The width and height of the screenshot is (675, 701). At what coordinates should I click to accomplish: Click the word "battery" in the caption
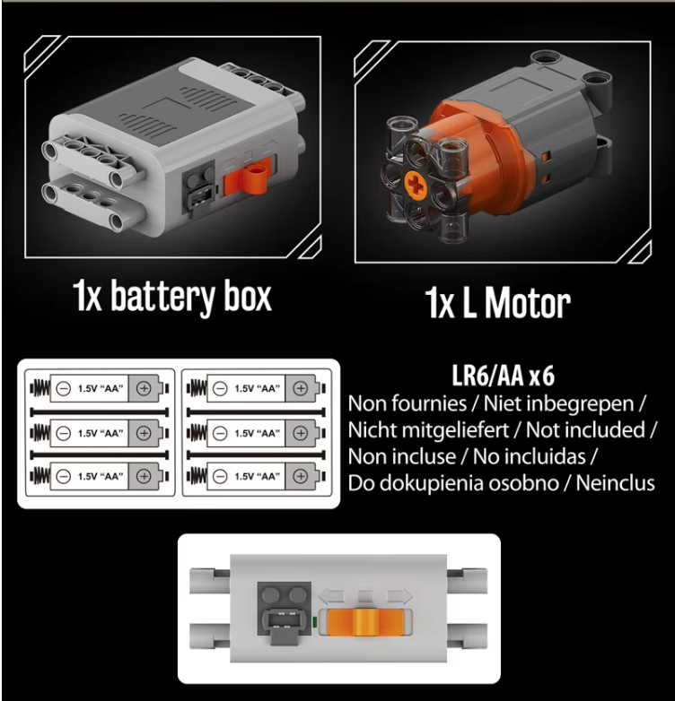(162, 297)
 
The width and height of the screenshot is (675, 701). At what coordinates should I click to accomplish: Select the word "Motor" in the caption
(527, 303)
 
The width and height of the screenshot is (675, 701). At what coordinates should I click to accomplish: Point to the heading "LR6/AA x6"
(504, 376)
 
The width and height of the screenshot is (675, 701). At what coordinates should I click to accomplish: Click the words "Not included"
(585, 430)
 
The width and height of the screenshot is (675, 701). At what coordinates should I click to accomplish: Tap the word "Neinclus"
(615, 483)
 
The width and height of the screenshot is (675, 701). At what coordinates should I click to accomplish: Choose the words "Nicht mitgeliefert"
(428, 430)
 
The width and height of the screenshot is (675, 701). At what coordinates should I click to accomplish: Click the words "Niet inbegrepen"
(558, 403)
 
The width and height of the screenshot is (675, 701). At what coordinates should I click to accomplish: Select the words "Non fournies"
(408, 403)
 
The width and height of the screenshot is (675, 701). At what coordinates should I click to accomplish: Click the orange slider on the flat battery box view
(365, 622)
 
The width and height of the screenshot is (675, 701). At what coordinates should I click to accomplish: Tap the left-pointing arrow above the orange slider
(330, 597)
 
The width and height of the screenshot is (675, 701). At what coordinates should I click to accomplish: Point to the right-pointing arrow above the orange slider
(399, 597)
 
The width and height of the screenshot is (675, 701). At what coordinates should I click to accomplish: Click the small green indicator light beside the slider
(314, 622)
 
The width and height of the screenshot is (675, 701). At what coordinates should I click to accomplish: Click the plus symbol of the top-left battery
(144, 388)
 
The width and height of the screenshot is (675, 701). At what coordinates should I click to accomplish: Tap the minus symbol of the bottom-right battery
(220, 477)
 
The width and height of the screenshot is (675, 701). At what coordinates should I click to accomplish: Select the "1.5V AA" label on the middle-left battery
(101, 433)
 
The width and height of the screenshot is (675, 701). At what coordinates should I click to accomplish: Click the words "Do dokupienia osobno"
(453, 483)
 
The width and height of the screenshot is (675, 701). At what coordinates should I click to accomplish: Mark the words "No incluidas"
(529, 457)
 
